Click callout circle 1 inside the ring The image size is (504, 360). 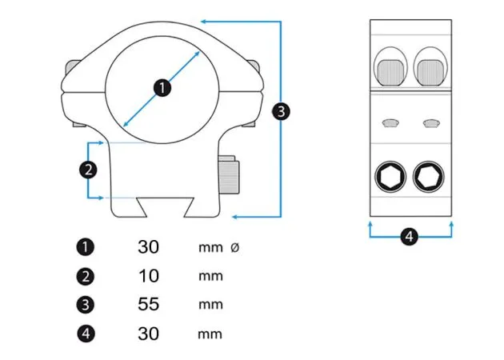162,87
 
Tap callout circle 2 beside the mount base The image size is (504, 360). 88,169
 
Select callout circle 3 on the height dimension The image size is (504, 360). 281,111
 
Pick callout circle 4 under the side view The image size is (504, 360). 409,237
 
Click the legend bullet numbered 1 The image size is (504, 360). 86,247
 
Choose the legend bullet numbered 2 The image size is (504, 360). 86,277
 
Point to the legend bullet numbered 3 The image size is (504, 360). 86,305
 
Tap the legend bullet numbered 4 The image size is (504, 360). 86,334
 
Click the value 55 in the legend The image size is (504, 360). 148,305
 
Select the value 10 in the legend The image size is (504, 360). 148,276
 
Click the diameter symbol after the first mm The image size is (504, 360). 234,248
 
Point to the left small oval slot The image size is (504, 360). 391,122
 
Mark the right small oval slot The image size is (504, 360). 430,122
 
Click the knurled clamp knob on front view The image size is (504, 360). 231,176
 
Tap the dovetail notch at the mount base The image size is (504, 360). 163,206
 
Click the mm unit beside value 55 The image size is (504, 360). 210,305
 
